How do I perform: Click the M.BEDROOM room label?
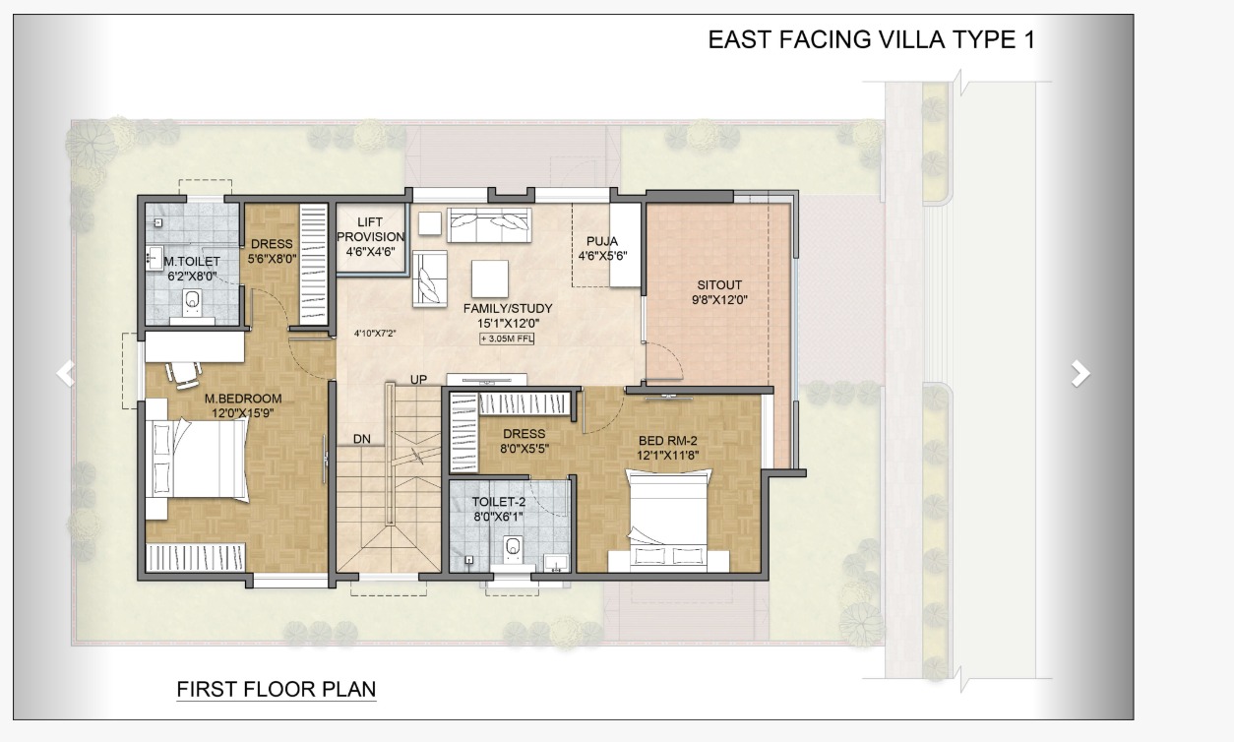[243, 399]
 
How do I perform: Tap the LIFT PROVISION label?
[370, 229]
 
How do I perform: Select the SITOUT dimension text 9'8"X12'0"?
[719, 300]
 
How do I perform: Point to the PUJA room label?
[602, 241]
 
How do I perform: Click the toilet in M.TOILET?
[192, 303]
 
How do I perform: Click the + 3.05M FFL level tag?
[507, 339]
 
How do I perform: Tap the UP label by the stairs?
[418, 380]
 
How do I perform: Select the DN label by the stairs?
[362, 439]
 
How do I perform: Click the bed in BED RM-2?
[668, 520]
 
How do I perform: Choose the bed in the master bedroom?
[197, 459]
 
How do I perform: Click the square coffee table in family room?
[490, 278]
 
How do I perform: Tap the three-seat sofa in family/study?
[489, 224]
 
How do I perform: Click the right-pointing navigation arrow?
[1080, 374]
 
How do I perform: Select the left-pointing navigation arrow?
[65, 374]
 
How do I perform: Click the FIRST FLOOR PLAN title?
[276, 689]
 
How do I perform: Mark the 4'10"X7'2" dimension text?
[375, 334]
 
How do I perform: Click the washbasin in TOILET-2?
[556, 564]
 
